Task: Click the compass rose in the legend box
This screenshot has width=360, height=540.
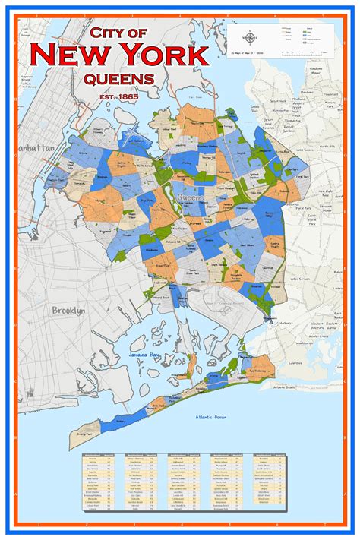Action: [x=250, y=37]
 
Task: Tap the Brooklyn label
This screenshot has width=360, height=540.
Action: [x=68, y=310]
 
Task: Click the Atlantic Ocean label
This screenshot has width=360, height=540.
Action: [x=210, y=416]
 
